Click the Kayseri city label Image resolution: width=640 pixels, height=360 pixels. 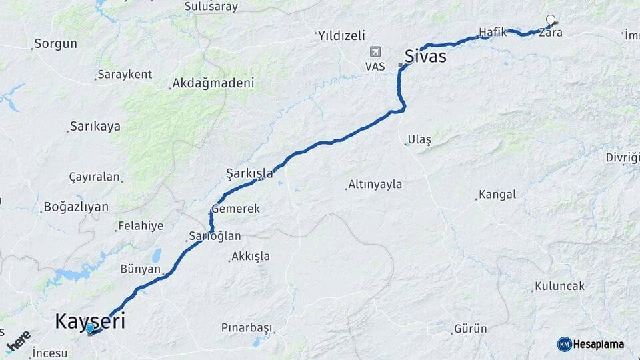click(x=89, y=320)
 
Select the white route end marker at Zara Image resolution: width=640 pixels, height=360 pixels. click(x=551, y=20)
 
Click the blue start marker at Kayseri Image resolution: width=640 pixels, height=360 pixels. click(x=89, y=328)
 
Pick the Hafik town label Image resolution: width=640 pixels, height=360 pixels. click(x=493, y=32)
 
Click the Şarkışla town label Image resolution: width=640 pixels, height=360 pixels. click(x=249, y=173)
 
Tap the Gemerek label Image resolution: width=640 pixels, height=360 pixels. click(x=235, y=209)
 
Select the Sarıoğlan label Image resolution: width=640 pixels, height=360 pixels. click(x=214, y=236)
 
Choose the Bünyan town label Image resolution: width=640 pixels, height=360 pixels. click(x=140, y=269)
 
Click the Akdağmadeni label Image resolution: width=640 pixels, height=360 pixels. click(x=213, y=83)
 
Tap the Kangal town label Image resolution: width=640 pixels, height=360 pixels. click(x=497, y=195)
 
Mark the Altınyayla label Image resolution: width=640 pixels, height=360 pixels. click(x=375, y=184)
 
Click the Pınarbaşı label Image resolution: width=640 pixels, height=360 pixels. click(x=247, y=328)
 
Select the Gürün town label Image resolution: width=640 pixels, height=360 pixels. click(x=470, y=329)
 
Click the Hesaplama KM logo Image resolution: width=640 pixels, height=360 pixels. click(x=591, y=344)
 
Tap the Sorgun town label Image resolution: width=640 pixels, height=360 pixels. click(x=55, y=44)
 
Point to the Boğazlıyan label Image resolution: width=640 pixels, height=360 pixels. click(x=75, y=207)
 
